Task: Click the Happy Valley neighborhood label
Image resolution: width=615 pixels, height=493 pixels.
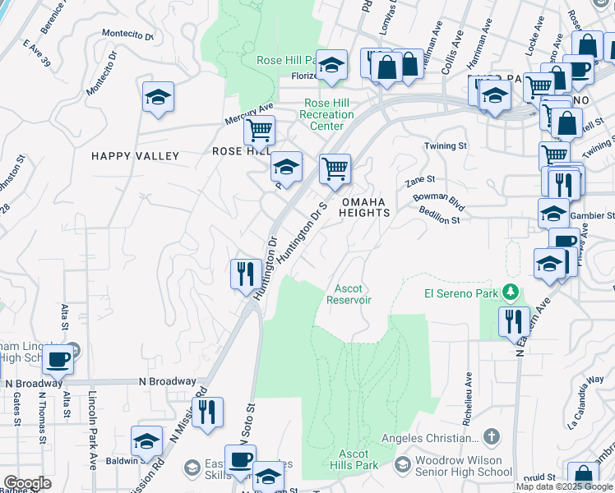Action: point(135,156)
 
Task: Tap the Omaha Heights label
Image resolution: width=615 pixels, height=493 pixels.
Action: point(365,207)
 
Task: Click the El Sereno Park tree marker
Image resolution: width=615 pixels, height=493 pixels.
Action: point(511,292)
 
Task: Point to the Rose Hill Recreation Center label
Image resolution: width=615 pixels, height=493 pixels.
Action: point(327,114)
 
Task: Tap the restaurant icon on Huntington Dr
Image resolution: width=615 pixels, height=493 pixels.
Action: point(244,273)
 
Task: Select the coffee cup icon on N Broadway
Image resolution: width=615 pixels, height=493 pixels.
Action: point(58,360)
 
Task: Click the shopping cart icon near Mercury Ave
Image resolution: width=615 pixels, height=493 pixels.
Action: point(260,129)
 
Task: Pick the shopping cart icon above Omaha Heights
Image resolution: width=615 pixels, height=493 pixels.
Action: point(335,168)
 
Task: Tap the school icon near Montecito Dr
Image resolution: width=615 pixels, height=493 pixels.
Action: point(158,99)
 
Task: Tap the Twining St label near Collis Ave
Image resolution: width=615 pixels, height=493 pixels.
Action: point(445,145)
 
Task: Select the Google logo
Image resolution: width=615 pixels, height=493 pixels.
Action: point(27,483)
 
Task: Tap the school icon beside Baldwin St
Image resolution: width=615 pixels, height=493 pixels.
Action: point(147,442)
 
